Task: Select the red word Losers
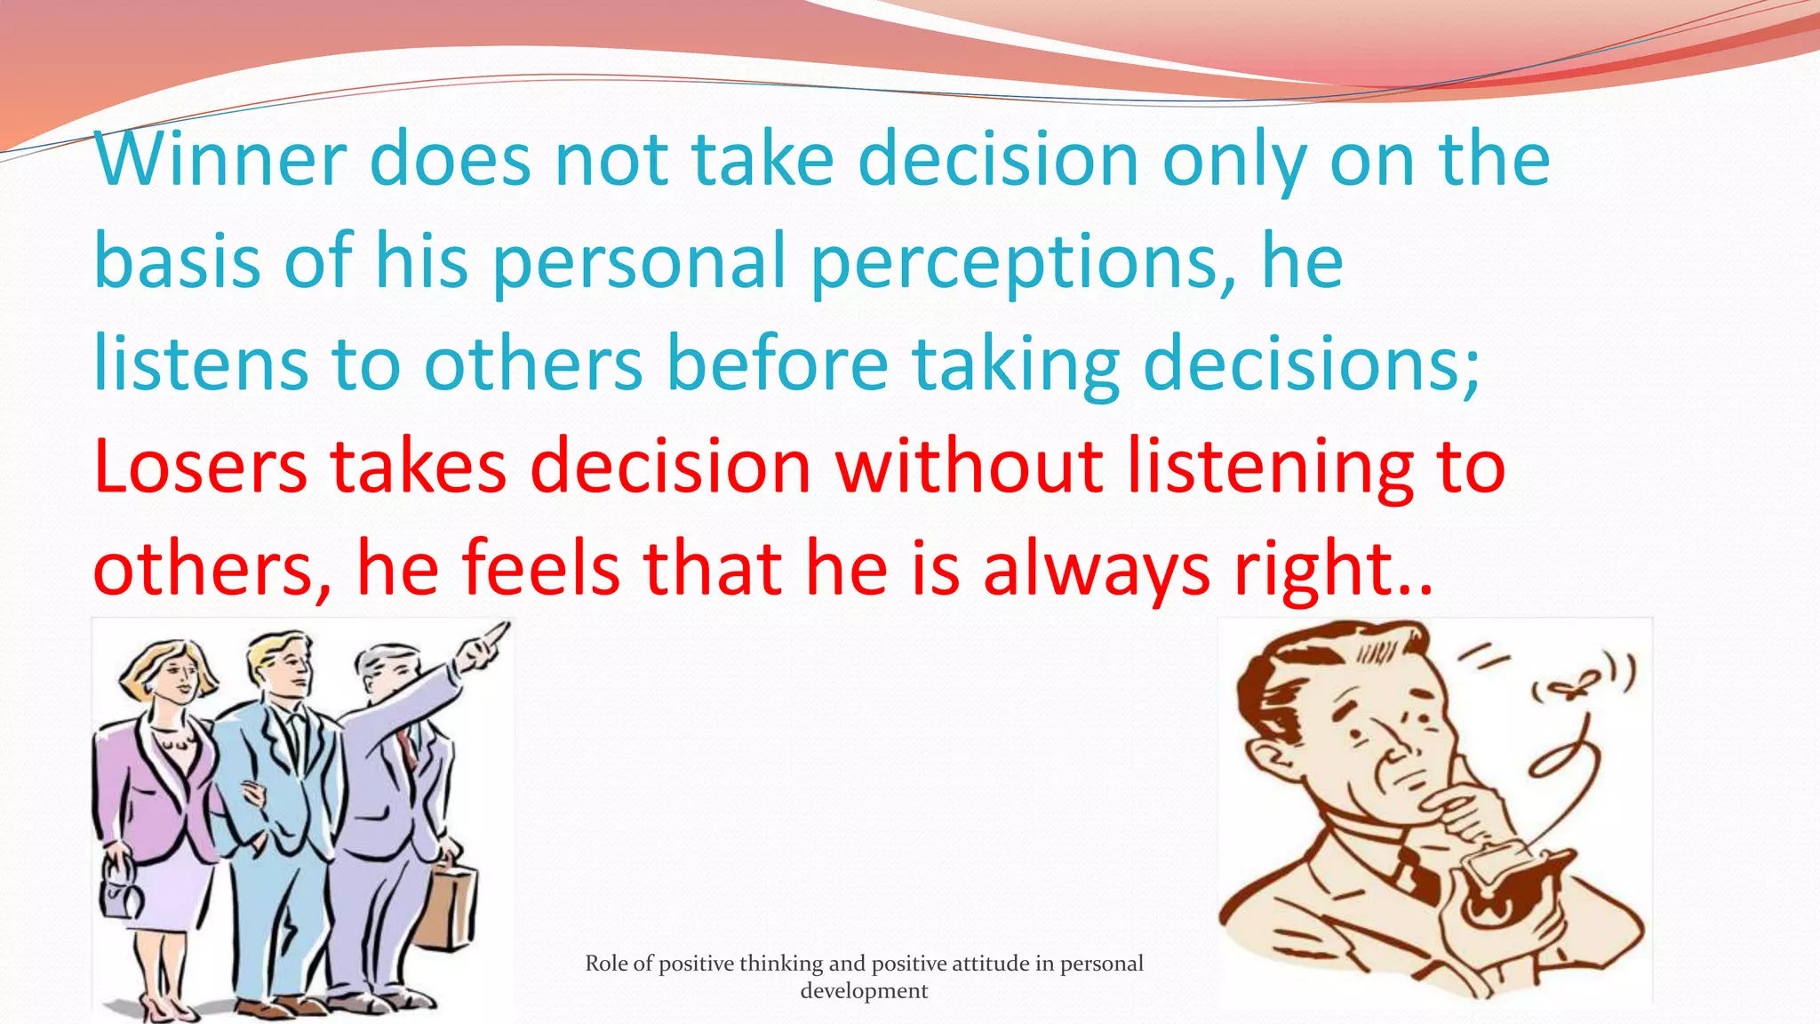(200, 467)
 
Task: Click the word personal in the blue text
(640, 262)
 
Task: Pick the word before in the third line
(778, 364)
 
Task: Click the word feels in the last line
(541, 569)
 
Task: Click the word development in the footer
(864, 991)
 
